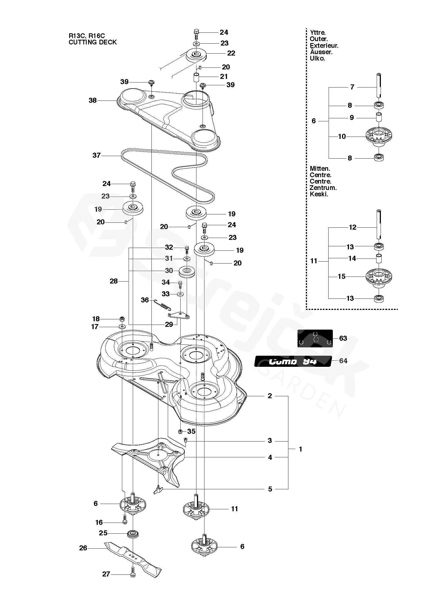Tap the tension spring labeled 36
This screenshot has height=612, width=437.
pos(164,305)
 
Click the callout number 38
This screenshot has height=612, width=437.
pos(93,100)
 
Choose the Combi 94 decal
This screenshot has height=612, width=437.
pos(293,361)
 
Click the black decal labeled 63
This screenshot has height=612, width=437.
pos(315,338)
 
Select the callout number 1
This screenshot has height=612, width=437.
pos(300,449)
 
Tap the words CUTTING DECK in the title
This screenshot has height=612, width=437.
pos(93,42)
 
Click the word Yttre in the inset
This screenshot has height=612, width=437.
pos(317,33)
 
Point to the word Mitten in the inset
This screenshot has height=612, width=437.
pos(319,169)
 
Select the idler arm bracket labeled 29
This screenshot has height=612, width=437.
pos(179,315)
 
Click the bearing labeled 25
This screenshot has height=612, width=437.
pos(133,534)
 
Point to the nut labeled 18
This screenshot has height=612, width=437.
pos(121,318)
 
